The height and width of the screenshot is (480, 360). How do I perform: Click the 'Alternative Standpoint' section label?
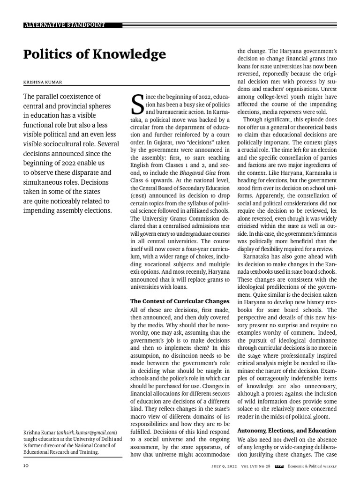65,25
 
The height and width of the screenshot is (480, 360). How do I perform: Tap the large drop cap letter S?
137,105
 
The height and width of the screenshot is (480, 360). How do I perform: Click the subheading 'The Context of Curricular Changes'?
180,301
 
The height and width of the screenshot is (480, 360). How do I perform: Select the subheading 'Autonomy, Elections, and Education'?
286,430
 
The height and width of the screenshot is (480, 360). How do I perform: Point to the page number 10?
27,466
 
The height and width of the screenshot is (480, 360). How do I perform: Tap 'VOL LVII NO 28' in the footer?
256,466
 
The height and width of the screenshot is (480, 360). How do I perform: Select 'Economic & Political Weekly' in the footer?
312,466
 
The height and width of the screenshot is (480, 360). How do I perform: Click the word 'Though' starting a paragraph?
254,119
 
